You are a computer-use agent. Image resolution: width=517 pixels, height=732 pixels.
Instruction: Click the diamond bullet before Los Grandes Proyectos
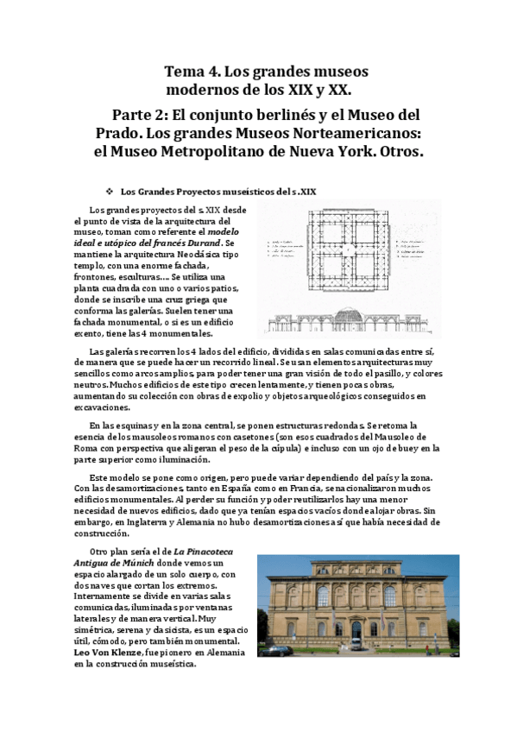(x=108, y=191)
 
